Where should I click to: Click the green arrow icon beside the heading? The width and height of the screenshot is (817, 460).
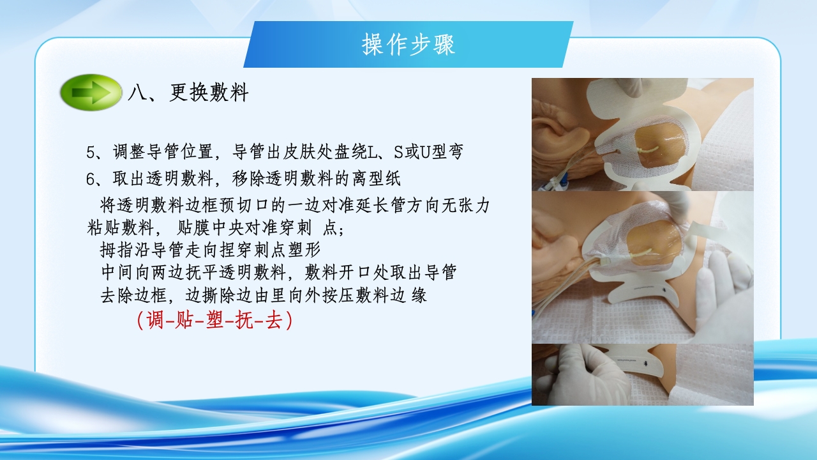pos(91,93)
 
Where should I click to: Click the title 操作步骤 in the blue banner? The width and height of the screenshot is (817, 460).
pos(408,45)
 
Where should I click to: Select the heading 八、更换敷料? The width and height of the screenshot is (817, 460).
pos(188,93)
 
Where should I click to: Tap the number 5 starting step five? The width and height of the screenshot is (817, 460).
pos(91,153)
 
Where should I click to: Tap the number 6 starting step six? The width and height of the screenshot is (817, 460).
pos(91,178)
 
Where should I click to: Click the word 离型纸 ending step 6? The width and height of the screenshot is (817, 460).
pos(380,178)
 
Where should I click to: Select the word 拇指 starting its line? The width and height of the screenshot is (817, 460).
pos(115,248)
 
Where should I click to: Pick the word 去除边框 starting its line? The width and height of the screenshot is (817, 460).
pos(135,295)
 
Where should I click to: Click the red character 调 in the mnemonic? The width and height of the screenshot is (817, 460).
pos(155,320)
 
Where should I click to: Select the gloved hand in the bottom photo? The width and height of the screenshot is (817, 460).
pos(578,377)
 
